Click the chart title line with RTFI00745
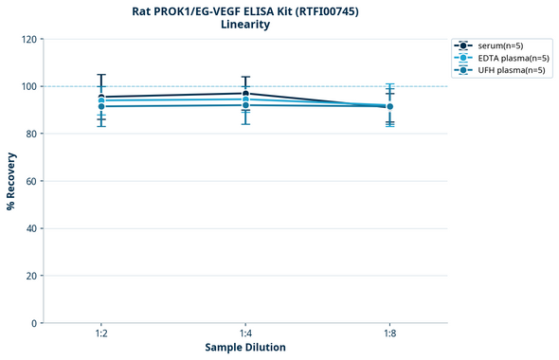tap(245, 10)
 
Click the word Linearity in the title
tap(245, 25)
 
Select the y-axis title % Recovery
tap(11, 181)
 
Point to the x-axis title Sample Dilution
tap(245, 348)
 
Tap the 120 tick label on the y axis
tap(28, 39)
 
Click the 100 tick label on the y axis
tap(28, 86)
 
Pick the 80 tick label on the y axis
tap(31, 134)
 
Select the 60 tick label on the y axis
tap(31, 181)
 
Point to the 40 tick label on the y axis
tap(31, 228)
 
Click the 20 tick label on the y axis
tap(31, 276)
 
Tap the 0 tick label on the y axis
tap(34, 323)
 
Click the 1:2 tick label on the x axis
tap(101, 333)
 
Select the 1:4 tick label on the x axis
tap(245, 333)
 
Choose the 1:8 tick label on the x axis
tap(390, 333)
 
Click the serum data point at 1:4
tap(245, 93)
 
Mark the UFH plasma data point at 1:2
tap(101, 106)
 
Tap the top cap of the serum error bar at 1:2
tap(101, 75)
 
